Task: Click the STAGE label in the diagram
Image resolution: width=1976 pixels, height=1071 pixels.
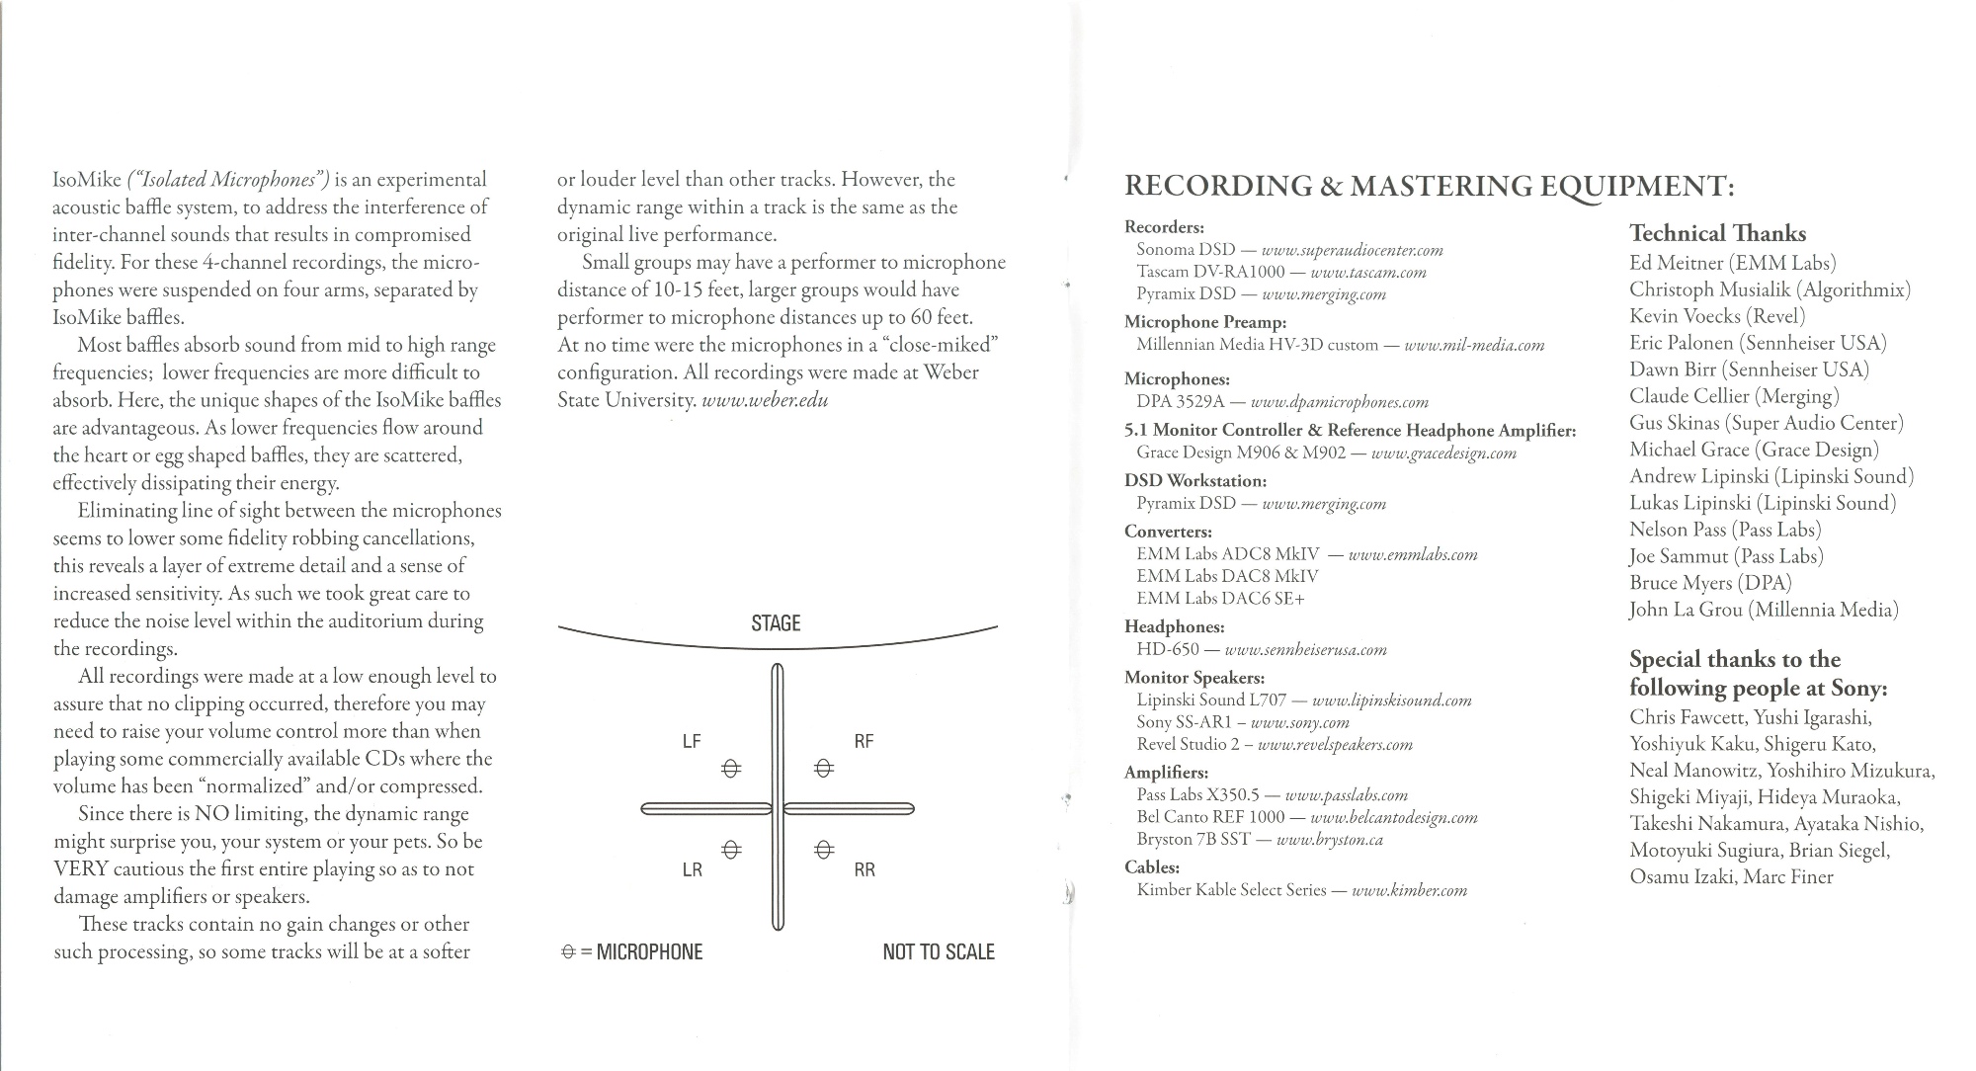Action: (x=776, y=623)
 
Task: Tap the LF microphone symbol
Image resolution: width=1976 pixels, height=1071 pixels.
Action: (x=730, y=769)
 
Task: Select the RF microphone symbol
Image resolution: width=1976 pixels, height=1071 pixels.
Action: (x=824, y=769)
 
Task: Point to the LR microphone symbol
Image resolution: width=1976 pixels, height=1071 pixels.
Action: (x=730, y=850)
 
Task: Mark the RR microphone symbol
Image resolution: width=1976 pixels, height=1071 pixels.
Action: (x=824, y=850)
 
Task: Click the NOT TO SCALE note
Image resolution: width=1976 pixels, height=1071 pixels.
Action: (x=939, y=952)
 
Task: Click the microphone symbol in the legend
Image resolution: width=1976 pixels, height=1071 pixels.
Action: (x=568, y=952)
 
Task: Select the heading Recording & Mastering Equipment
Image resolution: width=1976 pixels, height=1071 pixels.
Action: (x=1429, y=186)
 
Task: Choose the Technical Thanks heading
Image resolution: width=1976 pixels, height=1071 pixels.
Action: (x=1717, y=234)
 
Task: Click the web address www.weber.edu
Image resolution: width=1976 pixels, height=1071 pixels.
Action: (x=764, y=400)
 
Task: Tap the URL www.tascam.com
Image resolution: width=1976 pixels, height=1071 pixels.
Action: (x=1367, y=273)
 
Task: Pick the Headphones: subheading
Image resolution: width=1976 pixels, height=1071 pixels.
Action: (x=1174, y=627)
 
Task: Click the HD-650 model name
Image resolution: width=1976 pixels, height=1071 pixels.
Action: (x=1167, y=650)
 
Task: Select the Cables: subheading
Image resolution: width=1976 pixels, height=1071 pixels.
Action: (x=1152, y=867)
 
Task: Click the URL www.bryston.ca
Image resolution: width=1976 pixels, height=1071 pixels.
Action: (x=1329, y=840)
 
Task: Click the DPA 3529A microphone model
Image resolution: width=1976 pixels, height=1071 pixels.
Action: (x=1180, y=402)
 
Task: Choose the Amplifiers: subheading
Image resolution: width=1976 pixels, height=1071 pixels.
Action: (x=1166, y=773)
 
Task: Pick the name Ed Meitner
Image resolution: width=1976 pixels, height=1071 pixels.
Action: (x=1677, y=263)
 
